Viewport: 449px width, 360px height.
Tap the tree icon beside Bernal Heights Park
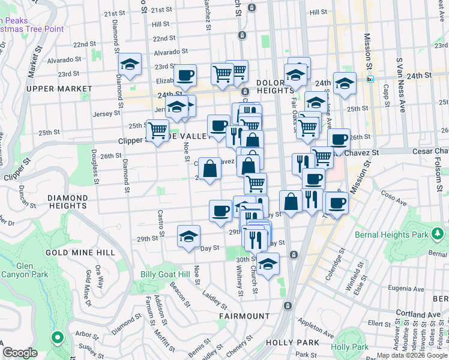(439, 233)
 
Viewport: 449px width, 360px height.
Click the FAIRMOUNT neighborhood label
(244, 316)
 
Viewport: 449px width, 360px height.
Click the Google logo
(20, 353)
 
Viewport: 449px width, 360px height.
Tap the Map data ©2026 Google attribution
(411, 355)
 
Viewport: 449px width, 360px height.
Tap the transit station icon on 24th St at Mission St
(370, 79)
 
